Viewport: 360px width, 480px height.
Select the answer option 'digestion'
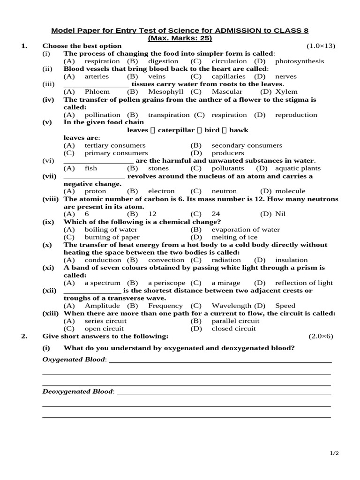[163, 61]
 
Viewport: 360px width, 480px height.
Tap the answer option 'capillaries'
[228, 76]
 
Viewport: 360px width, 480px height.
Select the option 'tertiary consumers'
[115, 145]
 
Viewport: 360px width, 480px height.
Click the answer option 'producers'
[228, 153]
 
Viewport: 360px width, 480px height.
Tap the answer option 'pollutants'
[228, 168]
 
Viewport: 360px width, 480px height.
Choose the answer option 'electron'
[161, 191]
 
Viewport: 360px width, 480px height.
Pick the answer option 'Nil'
[280, 214]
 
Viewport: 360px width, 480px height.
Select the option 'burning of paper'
[112, 237]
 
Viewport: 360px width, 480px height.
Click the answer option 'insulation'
[292, 260]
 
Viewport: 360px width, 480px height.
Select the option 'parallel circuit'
[235, 321]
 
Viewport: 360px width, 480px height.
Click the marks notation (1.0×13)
[321, 46]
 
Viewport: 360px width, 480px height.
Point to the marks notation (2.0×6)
[321, 337]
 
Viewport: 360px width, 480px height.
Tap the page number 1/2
[334, 453]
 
